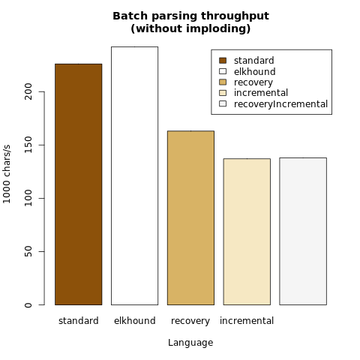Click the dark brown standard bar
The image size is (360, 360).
tap(79, 184)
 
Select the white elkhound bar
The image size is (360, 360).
tap(135, 175)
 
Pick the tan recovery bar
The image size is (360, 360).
tap(190, 217)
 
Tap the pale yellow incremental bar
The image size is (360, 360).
tap(247, 232)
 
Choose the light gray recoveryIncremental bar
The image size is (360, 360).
tap(303, 231)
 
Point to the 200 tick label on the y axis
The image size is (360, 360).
tap(28, 91)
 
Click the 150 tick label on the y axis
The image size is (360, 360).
tap(28, 145)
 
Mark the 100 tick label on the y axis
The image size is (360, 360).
tap(28, 198)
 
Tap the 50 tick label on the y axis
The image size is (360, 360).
tap(28, 251)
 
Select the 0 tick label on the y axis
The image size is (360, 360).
tap(28, 305)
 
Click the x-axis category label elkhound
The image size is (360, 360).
tap(135, 321)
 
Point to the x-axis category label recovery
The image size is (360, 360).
tap(190, 321)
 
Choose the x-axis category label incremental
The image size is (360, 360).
tap(247, 321)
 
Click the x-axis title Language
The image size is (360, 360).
tap(190, 343)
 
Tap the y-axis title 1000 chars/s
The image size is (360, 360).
tap(7, 174)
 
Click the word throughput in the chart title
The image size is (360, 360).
tap(235, 16)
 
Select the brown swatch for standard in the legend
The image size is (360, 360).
tap(223, 61)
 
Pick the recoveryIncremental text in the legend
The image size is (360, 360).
tap(280, 104)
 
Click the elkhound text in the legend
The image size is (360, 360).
tap(255, 72)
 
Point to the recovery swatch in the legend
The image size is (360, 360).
tap(223, 82)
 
